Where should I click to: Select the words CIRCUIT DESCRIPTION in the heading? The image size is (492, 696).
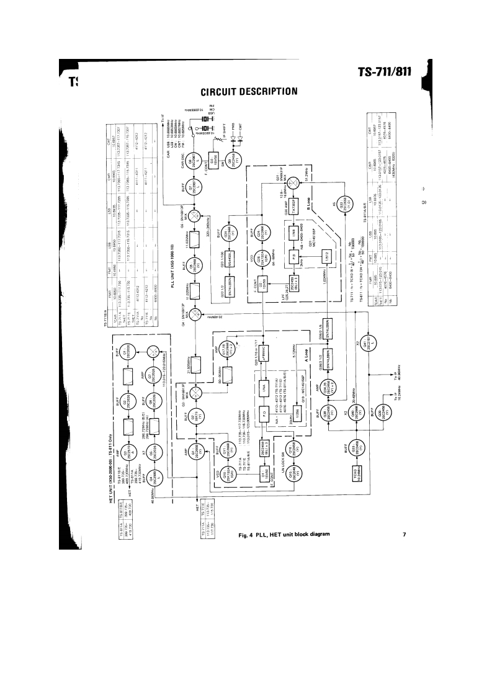point(249,92)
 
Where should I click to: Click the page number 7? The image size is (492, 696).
point(403,534)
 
